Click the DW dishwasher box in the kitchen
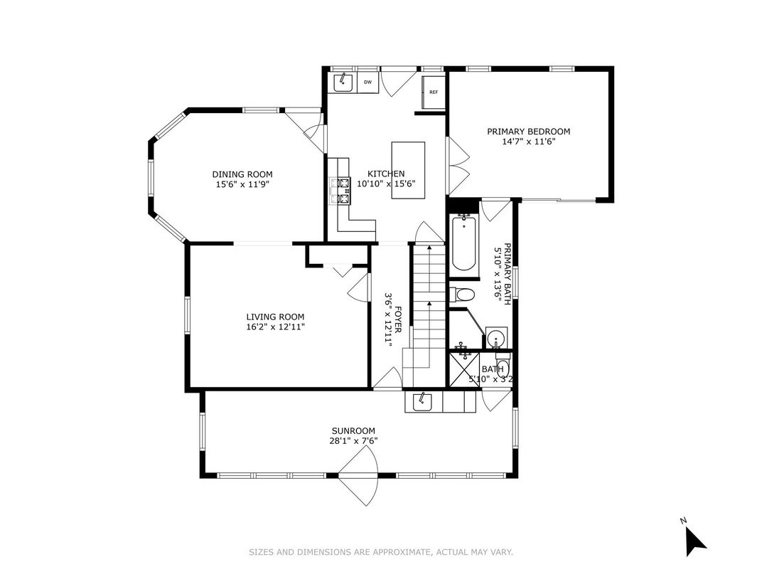coord(367,83)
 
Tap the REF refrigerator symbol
coord(433,92)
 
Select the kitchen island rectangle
coord(408,164)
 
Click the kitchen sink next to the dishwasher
coord(345,83)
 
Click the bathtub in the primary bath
coord(463,244)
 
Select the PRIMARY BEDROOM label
coord(528,132)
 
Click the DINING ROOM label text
coord(242,174)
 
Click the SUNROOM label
coord(353,430)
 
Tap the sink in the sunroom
coord(422,402)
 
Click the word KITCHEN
coord(386,174)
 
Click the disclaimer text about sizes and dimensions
coord(380,552)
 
